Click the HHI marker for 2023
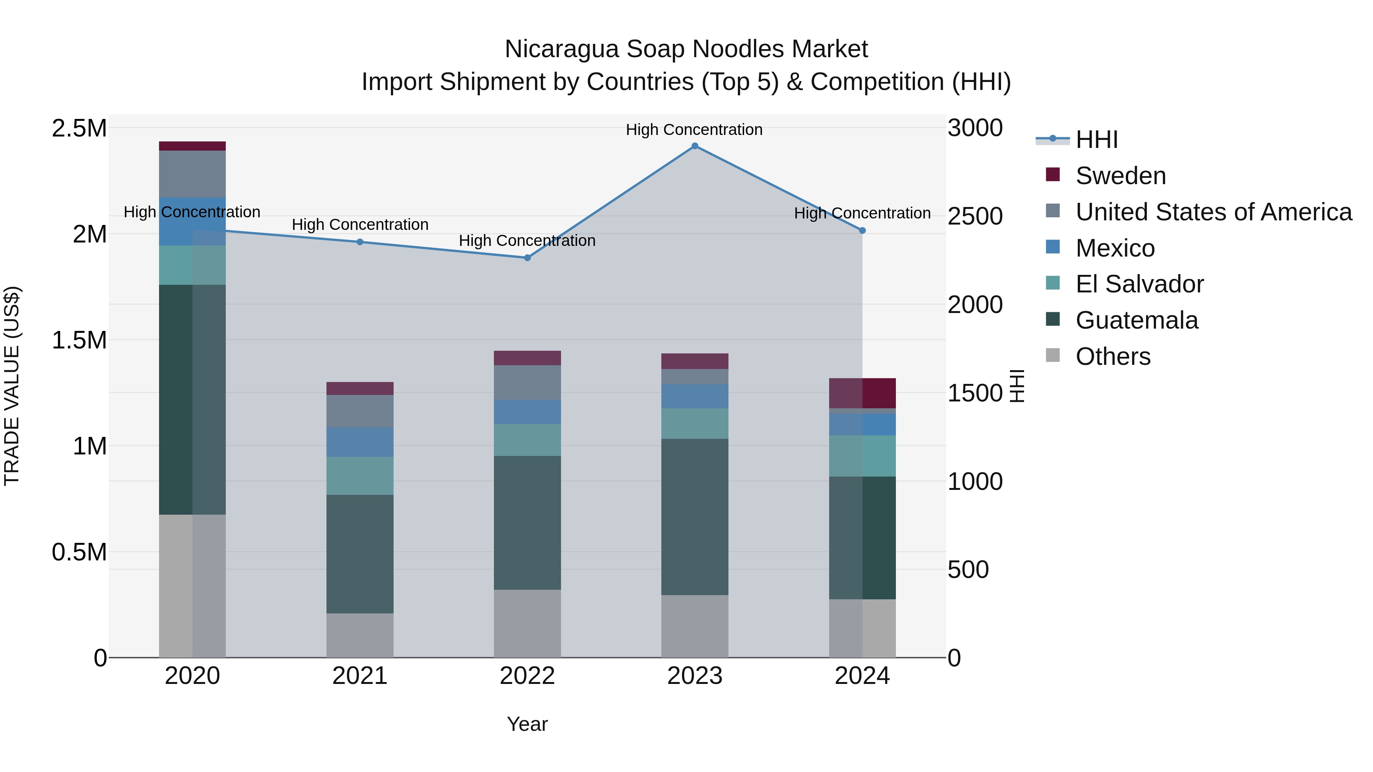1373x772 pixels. click(695, 146)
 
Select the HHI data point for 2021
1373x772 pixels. click(360, 242)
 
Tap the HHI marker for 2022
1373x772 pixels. click(527, 258)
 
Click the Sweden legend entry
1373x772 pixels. click(1121, 176)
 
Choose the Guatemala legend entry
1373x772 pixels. click(1137, 320)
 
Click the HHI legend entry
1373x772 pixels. click(1096, 140)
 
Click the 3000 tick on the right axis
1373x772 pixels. click(975, 128)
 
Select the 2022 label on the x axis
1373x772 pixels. click(527, 676)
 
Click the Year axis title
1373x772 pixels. click(527, 724)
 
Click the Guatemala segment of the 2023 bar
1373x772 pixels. click(695, 517)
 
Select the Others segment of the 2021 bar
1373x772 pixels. click(360, 635)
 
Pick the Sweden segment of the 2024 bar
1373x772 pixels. click(862, 393)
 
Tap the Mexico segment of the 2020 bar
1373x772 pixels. click(193, 221)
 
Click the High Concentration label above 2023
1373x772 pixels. click(694, 130)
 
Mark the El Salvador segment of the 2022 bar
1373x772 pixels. click(527, 440)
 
